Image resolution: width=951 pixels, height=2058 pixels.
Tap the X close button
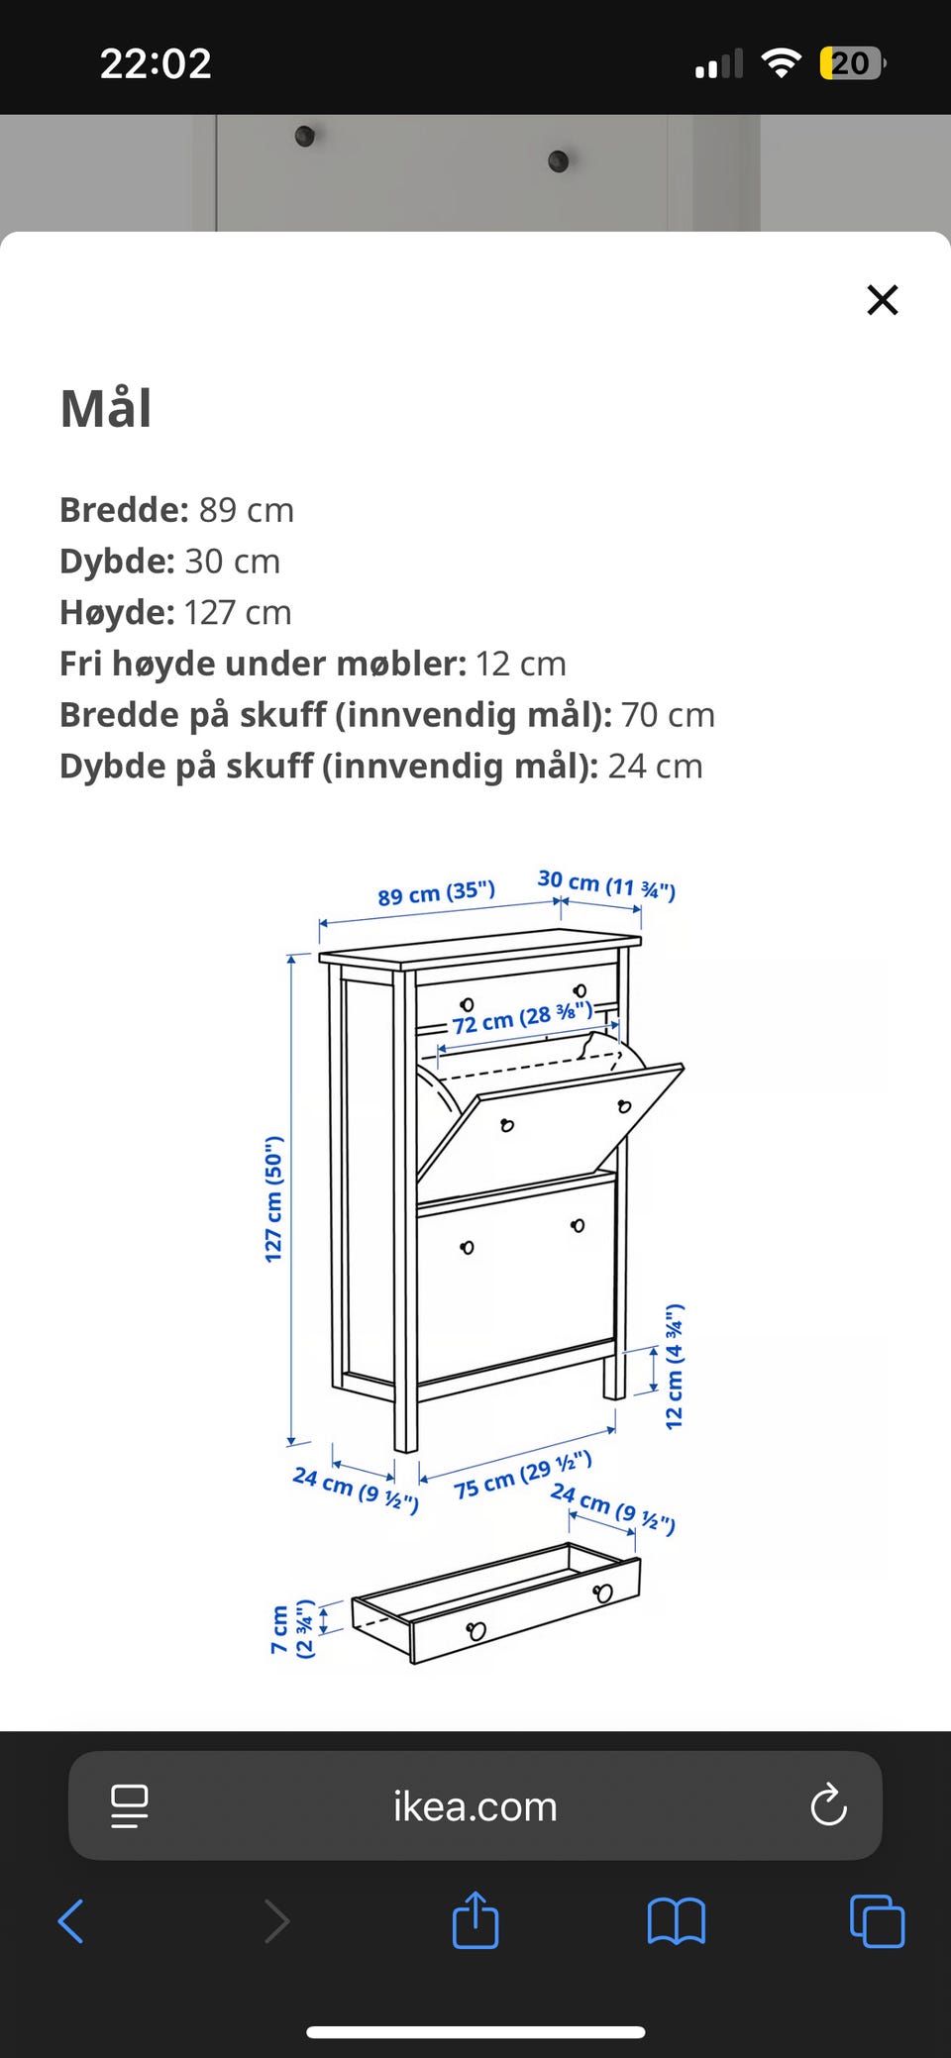click(x=882, y=299)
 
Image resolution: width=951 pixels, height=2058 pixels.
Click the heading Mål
click(x=106, y=408)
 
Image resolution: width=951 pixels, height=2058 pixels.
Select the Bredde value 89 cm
click(x=247, y=510)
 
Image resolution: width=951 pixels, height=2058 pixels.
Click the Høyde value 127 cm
click(x=238, y=613)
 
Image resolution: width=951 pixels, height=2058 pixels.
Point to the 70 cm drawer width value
click(x=668, y=715)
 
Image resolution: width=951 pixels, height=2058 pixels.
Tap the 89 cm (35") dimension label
click(x=436, y=892)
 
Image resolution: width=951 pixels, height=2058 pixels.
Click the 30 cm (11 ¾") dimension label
click(x=606, y=883)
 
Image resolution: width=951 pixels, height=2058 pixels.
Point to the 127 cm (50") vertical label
click(x=273, y=1198)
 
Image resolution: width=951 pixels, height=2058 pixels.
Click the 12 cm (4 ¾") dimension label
click(x=674, y=1366)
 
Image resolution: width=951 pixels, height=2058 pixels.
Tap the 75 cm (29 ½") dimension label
click(x=522, y=1475)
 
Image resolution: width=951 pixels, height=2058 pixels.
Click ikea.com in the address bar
click(x=475, y=1806)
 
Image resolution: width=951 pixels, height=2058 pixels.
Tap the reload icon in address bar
click(x=828, y=1805)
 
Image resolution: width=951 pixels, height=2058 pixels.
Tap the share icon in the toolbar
click(x=475, y=1920)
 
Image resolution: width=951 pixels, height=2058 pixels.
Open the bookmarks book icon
click(x=676, y=1921)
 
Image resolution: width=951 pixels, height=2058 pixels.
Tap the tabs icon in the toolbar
click(x=877, y=1921)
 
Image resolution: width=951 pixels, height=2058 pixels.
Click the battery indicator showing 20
click(x=850, y=63)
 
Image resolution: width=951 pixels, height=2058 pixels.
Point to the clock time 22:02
click(x=156, y=63)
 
